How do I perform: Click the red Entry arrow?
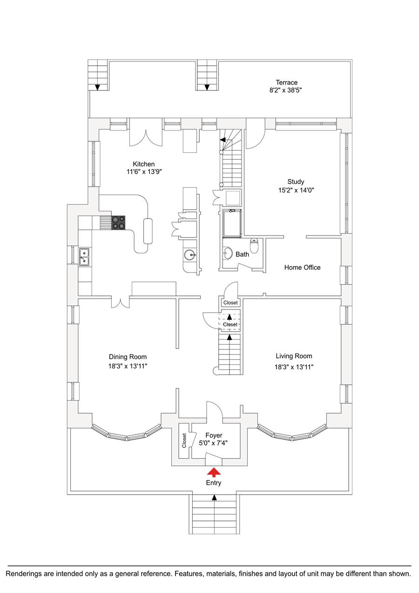click(x=214, y=472)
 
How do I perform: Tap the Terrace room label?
click(x=286, y=82)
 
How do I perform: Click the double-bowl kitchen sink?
click(x=84, y=256)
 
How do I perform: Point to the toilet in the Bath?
click(x=254, y=244)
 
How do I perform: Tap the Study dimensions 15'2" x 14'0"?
click(x=296, y=190)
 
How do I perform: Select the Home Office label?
click(x=302, y=267)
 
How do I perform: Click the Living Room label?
click(x=293, y=356)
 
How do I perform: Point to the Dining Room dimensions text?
click(x=128, y=366)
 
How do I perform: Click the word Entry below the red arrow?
click(x=214, y=483)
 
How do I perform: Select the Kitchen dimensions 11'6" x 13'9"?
click(x=144, y=172)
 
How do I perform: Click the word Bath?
click(x=242, y=254)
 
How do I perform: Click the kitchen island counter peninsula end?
click(x=149, y=231)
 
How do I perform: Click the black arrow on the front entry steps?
click(x=214, y=498)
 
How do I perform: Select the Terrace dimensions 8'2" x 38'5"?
click(x=286, y=91)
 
